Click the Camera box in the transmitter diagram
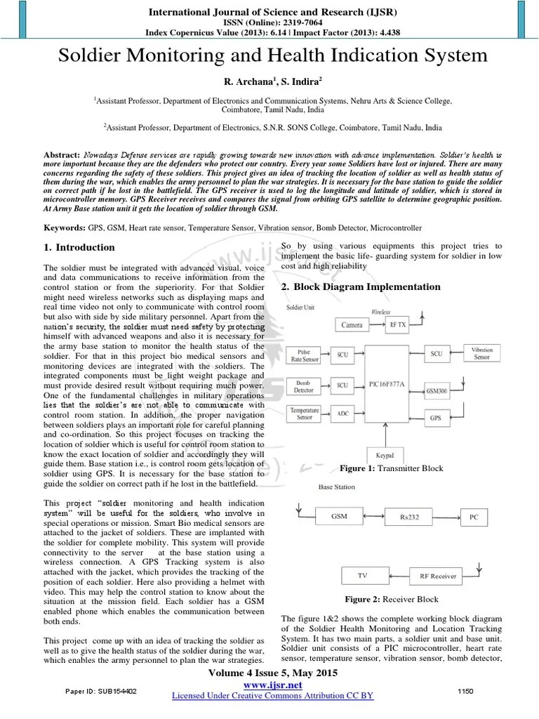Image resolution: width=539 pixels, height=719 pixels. click(x=352, y=324)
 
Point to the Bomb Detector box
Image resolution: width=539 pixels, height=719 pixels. click(x=303, y=385)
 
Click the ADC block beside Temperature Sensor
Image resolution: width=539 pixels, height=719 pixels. click(x=343, y=414)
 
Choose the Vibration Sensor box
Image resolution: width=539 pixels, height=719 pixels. click(x=481, y=353)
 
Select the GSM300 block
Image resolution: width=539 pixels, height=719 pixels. click(x=437, y=390)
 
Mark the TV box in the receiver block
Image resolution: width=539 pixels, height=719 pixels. click(x=362, y=576)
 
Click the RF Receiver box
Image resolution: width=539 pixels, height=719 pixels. click(x=438, y=576)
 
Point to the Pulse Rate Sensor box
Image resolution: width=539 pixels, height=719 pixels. click(x=304, y=355)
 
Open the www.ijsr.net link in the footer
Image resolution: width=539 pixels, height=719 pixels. click(x=272, y=685)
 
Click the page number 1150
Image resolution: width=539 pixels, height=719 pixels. click(x=465, y=691)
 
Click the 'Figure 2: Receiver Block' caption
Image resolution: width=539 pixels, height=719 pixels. click(x=391, y=599)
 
